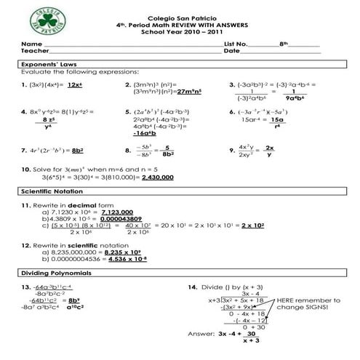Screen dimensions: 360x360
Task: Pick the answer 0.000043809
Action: click(x=121, y=218)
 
